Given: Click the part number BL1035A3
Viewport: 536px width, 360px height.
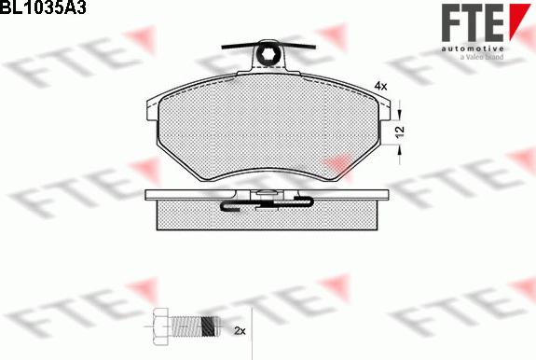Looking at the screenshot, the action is tap(43, 7).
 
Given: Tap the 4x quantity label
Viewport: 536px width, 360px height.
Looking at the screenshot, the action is tap(380, 86).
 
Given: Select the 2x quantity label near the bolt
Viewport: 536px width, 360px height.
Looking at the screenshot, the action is tap(240, 330).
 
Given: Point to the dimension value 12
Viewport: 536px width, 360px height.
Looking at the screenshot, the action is tap(399, 132).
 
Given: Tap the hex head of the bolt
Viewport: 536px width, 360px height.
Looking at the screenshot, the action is tap(160, 326).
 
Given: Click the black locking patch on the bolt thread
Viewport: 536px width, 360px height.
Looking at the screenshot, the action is tap(209, 326).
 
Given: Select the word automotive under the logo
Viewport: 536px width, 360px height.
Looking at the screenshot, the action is tap(472, 48).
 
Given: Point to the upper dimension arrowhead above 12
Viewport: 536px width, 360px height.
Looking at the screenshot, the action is tap(399, 114).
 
